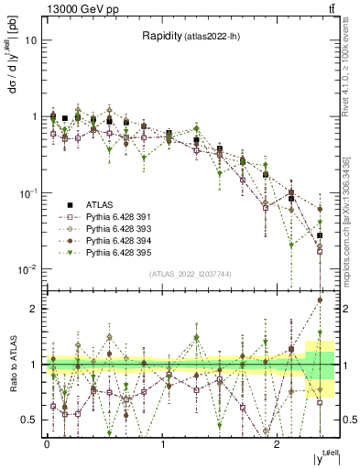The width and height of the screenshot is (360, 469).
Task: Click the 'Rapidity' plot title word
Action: [x=161, y=36]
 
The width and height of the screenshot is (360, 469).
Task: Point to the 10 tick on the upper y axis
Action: [x=32, y=41]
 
